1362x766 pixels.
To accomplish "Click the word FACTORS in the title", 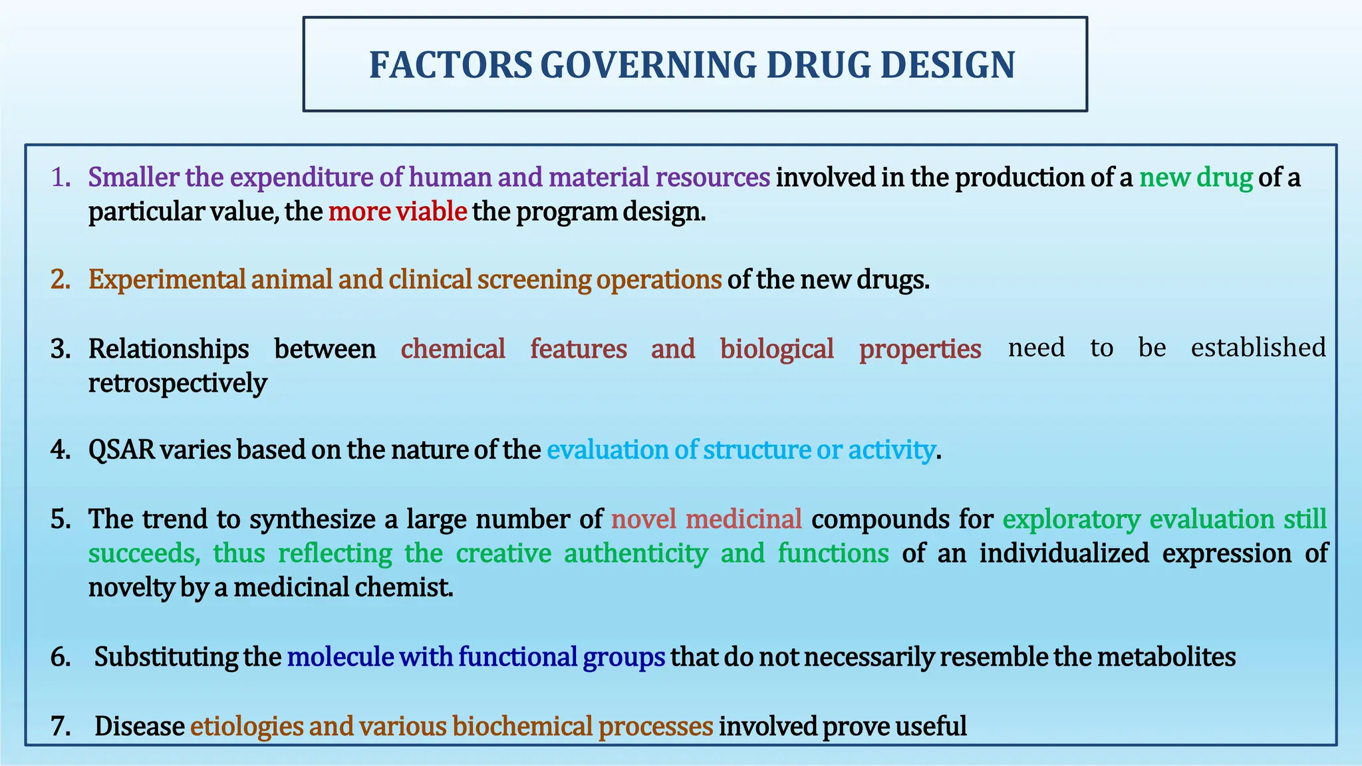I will (450, 65).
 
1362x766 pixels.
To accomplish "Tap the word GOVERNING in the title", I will (648, 65).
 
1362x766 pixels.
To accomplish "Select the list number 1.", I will (61, 178).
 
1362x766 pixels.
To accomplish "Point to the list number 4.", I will (61, 450).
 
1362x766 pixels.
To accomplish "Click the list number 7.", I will (61, 726).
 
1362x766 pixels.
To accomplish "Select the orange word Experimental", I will (167, 279).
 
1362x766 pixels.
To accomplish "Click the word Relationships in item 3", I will (168, 348).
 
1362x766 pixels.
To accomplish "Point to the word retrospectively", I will (178, 384).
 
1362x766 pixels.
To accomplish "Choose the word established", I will (1258, 348).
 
